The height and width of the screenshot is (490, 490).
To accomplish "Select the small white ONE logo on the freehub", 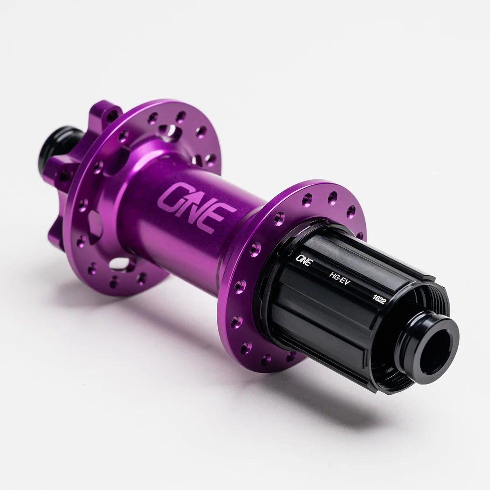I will tap(304, 260).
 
